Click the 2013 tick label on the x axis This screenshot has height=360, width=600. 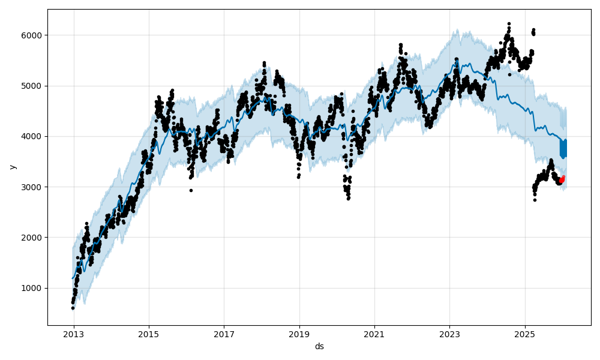tap(74, 333)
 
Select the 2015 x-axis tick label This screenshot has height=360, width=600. tap(149, 333)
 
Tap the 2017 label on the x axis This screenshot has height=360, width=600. tap(224, 333)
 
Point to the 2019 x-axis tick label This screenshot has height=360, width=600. tap(299, 333)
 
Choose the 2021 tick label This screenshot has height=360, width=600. tap(374, 333)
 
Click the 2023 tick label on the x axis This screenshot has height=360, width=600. tap(449, 333)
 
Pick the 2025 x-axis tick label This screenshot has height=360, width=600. tap(524, 333)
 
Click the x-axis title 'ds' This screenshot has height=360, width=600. tap(319, 346)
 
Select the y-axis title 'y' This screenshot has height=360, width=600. tap(12, 167)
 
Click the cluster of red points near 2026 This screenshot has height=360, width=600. tap(562, 179)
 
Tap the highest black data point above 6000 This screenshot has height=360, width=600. tap(509, 24)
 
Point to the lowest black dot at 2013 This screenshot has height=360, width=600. tap(73, 308)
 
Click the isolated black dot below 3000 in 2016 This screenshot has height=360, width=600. tap(191, 190)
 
